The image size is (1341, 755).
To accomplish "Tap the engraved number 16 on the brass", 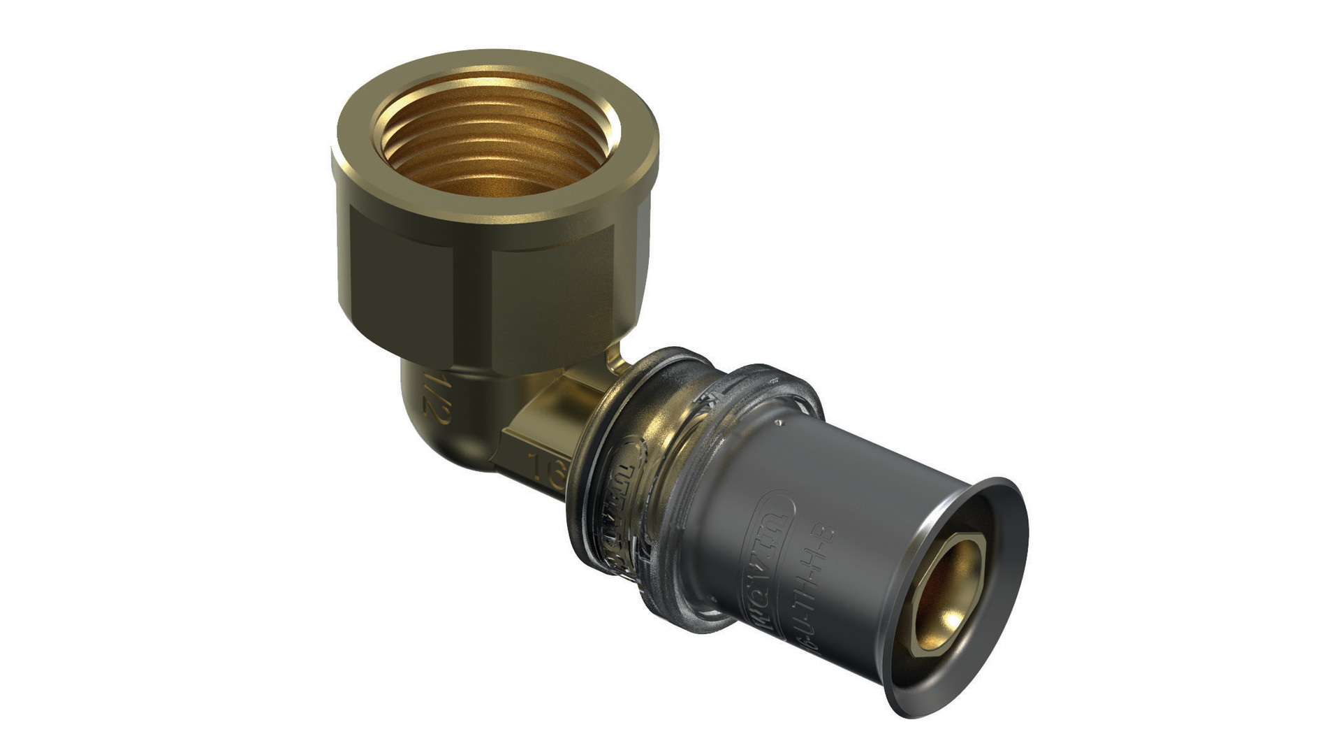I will tap(549, 471).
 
